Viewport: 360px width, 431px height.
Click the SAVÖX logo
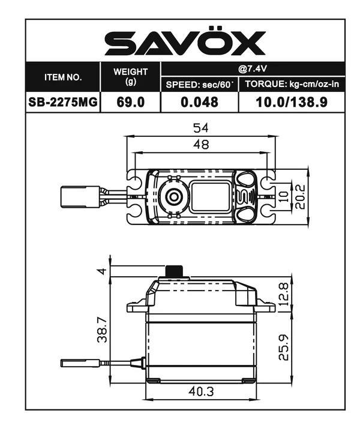tap(185, 43)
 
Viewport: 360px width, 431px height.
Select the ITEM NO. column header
tap(63, 77)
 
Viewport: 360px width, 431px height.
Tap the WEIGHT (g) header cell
tap(131, 76)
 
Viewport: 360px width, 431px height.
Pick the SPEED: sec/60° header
tap(199, 85)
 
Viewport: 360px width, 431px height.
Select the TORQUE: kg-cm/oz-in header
tap(292, 85)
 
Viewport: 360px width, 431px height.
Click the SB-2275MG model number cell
tap(63, 102)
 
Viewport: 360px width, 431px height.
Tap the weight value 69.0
tap(131, 102)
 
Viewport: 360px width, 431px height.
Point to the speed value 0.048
tap(199, 102)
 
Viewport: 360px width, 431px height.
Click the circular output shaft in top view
tap(173, 196)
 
